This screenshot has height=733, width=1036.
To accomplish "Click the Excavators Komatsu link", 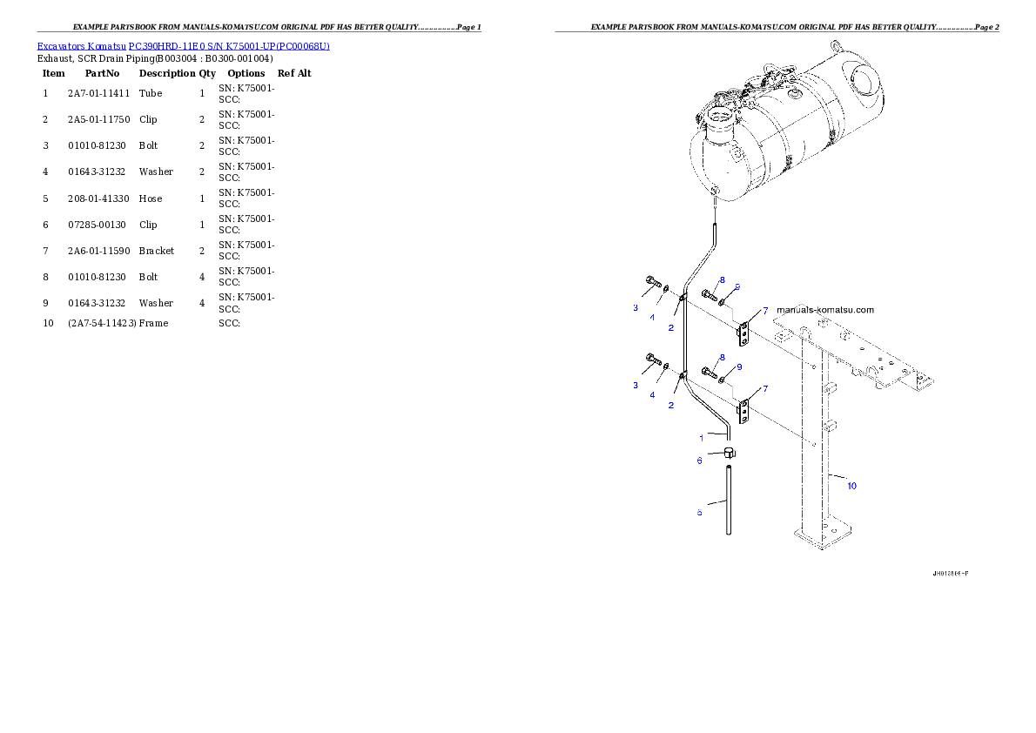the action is pyautogui.click(x=81, y=46).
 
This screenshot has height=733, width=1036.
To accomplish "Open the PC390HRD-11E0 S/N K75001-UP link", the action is pyautogui.click(x=229, y=46).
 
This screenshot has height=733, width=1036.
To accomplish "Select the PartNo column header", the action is pyautogui.click(x=103, y=73).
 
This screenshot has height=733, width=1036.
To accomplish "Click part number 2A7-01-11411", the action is pyautogui.click(x=99, y=93).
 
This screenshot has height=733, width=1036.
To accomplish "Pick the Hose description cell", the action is pyautogui.click(x=151, y=198).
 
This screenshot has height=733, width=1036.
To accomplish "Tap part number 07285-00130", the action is pyautogui.click(x=98, y=225).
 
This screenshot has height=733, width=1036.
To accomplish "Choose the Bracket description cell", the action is pyautogui.click(x=157, y=251).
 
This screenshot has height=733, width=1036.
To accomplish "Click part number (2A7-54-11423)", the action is pyautogui.click(x=103, y=323).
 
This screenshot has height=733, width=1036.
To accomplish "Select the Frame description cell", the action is pyautogui.click(x=154, y=323).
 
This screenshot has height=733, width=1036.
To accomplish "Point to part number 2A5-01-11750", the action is pyautogui.click(x=99, y=119).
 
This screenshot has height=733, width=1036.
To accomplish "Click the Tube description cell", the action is pyautogui.click(x=151, y=93).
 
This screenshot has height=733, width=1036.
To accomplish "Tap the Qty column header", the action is pyautogui.click(x=207, y=73).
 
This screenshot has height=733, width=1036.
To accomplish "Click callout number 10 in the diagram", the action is pyautogui.click(x=851, y=486).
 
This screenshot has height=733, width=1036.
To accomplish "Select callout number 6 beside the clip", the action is pyautogui.click(x=700, y=461).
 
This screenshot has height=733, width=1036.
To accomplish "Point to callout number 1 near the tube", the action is pyautogui.click(x=701, y=438).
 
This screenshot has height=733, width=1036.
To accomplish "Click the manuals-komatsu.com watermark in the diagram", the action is pyautogui.click(x=825, y=309).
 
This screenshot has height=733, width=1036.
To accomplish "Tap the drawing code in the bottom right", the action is pyautogui.click(x=951, y=574).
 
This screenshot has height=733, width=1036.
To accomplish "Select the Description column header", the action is pyautogui.click(x=167, y=73).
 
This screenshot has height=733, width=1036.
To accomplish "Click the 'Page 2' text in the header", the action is pyautogui.click(x=987, y=27).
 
